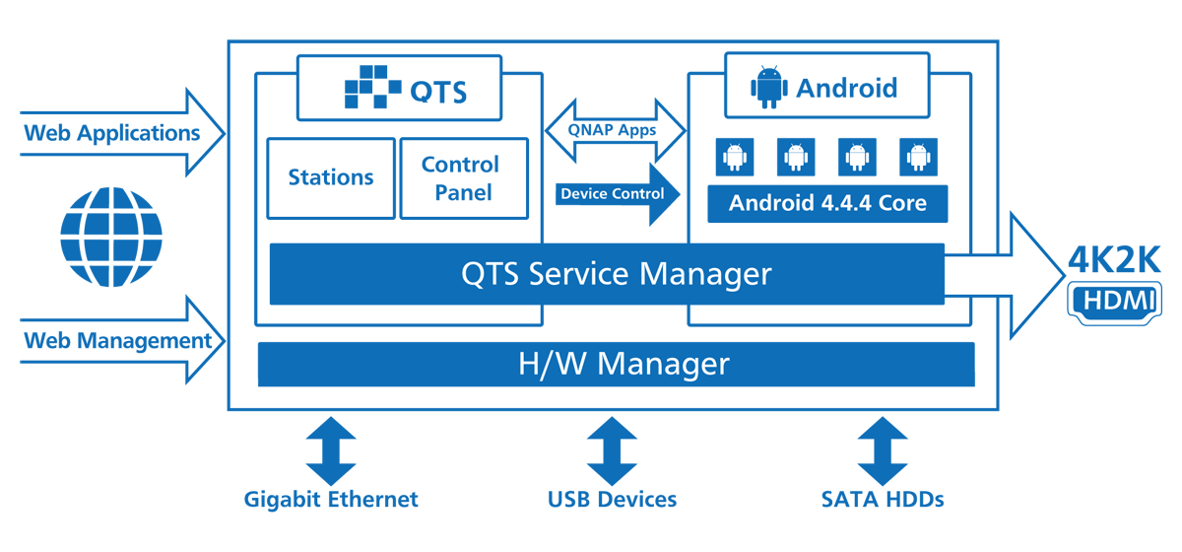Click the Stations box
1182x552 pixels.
pyautogui.click(x=331, y=178)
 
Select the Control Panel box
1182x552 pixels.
pyautogui.click(x=464, y=178)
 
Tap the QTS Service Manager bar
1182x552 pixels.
pyautogui.click(x=607, y=274)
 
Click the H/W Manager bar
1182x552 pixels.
pyautogui.click(x=617, y=365)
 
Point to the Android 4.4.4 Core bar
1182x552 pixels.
pyautogui.click(x=827, y=203)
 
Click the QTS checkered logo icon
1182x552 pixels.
pyautogui.click(x=372, y=87)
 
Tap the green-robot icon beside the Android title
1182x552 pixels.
pyautogui.click(x=769, y=87)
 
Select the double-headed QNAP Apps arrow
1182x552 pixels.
pyautogui.click(x=616, y=130)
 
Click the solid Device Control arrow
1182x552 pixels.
pyautogui.click(x=618, y=194)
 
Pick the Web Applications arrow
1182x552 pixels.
pyautogui.click(x=122, y=133)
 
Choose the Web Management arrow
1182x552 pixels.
pyautogui.click(x=122, y=340)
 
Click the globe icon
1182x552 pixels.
pyautogui.click(x=111, y=237)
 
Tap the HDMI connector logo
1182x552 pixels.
pyautogui.click(x=1114, y=302)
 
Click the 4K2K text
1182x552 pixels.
pyautogui.click(x=1114, y=259)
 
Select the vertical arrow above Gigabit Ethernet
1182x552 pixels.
pyautogui.click(x=331, y=450)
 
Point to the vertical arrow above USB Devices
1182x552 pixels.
pyautogui.click(x=612, y=450)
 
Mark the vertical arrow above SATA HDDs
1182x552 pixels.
pyautogui.click(x=883, y=450)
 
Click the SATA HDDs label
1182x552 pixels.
pyautogui.click(x=883, y=500)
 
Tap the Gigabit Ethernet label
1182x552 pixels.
pyautogui.click(x=331, y=500)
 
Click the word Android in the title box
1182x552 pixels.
pyautogui.click(x=847, y=88)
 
